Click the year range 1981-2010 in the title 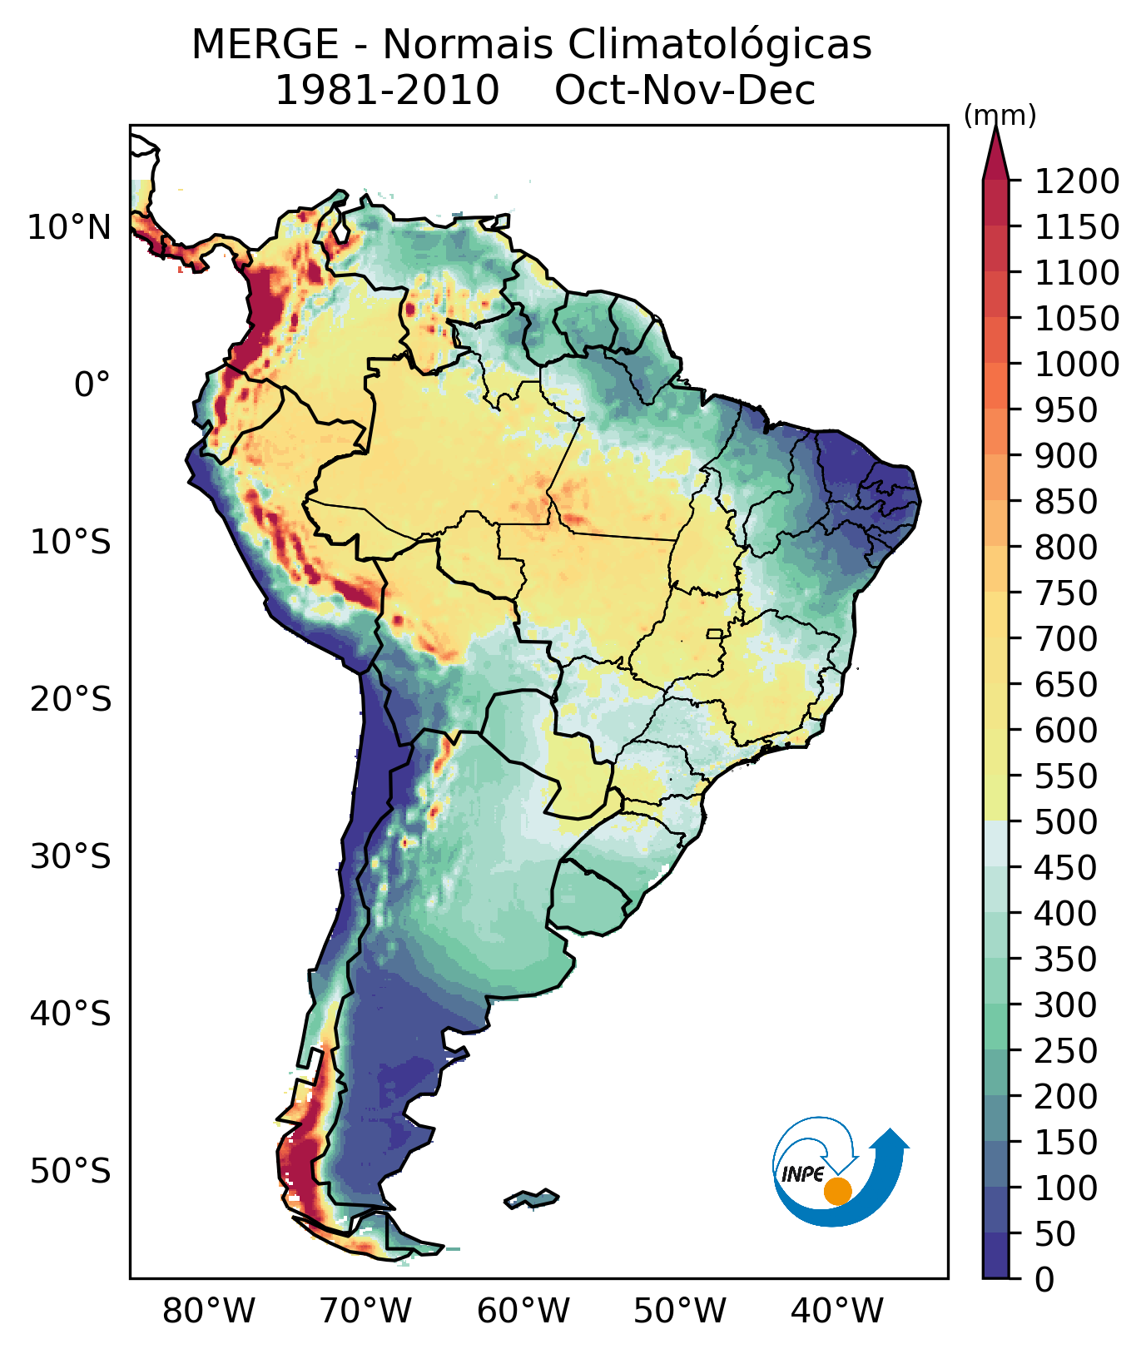[x=387, y=91]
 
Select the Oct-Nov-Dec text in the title [x=685, y=91]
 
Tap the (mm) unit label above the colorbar [x=1000, y=117]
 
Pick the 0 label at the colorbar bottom [x=1045, y=1280]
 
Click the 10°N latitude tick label [x=70, y=227]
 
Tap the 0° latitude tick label [x=92, y=384]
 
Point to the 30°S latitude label [x=71, y=856]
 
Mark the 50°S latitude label [x=71, y=1171]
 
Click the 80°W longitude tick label [x=209, y=1312]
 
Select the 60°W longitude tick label [x=523, y=1312]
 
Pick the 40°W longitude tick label [x=837, y=1312]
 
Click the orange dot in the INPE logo [x=837, y=1191]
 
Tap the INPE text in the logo [x=803, y=1174]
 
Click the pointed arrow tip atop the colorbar [x=995, y=129]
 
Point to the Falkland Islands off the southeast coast [x=532, y=1199]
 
